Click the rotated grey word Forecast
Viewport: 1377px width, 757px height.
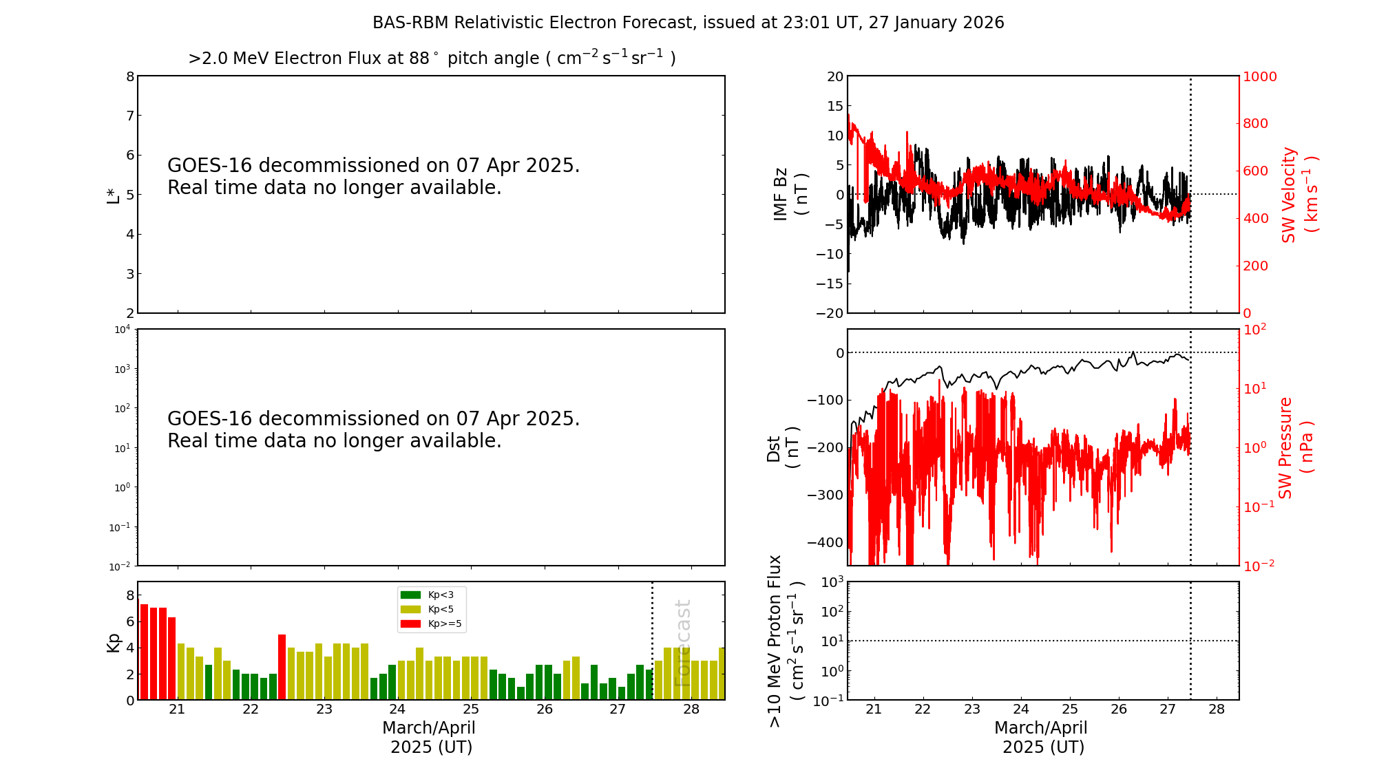(682, 643)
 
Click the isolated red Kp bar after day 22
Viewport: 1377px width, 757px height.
(282, 667)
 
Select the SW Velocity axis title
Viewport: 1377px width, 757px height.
(1299, 195)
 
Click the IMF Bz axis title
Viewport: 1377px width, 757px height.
(790, 194)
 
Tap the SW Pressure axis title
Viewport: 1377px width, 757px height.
(1295, 447)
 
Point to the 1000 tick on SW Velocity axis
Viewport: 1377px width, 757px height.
(1259, 76)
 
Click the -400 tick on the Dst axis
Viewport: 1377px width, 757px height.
(826, 542)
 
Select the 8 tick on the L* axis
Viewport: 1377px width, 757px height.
(129, 76)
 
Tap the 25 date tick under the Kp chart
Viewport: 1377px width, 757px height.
(471, 710)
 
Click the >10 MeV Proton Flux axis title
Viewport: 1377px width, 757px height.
(786, 641)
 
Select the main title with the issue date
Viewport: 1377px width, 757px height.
(688, 23)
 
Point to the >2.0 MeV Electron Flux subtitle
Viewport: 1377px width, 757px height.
(432, 58)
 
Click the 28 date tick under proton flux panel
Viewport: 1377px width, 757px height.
(1217, 710)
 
